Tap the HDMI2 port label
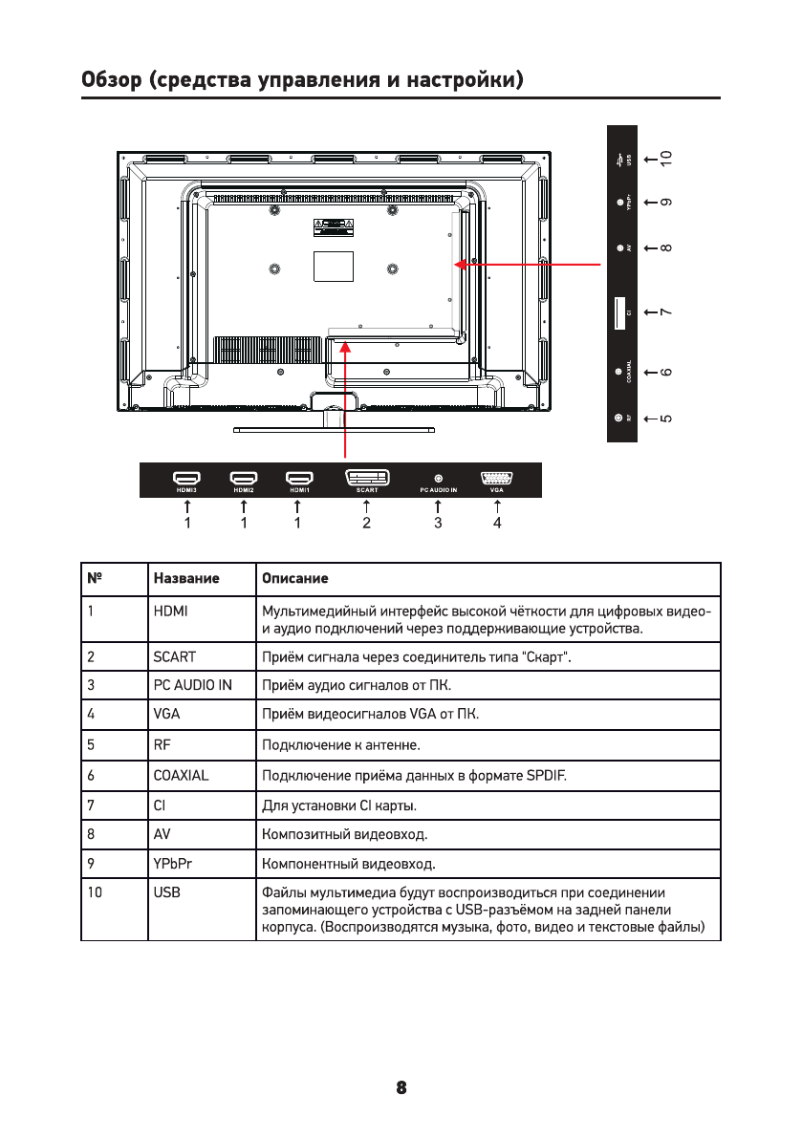pyautogui.click(x=244, y=490)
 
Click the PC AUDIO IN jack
pyautogui.click(x=439, y=477)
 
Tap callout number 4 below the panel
pyautogui.click(x=497, y=524)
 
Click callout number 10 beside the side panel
pyautogui.click(x=666, y=158)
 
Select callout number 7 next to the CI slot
pyautogui.click(x=666, y=312)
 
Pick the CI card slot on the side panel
pyautogui.click(x=618, y=312)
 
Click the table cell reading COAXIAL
pyautogui.click(x=181, y=776)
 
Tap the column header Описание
pyautogui.click(x=295, y=579)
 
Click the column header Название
pyautogui.click(x=186, y=579)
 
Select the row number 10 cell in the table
pyautogui.click(x=95, y=893)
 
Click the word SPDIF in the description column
pyautogui.click(x=547, y=776)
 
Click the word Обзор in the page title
pyautogui.click(x=111, y=79)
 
